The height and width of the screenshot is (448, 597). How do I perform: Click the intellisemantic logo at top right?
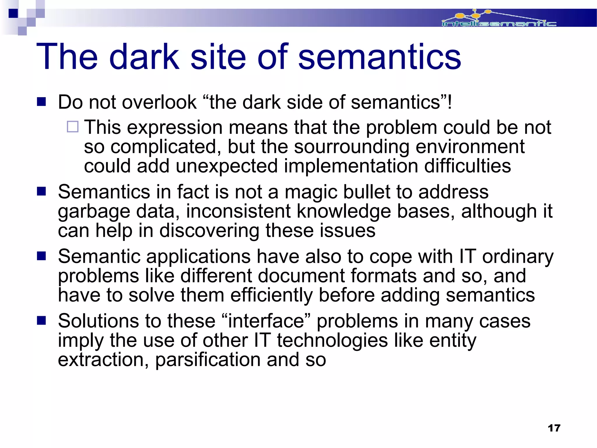click(x=499, y=19)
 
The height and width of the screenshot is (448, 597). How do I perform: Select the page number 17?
click(x=554, y=428)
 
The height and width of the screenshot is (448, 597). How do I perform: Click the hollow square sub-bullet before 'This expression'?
click(x=73, y=127)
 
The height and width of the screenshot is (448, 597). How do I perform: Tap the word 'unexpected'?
click(x=226, y=166)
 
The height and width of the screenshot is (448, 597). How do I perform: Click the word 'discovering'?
click(x=209, y=231)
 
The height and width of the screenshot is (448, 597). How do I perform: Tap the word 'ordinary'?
click(x=517, y=257)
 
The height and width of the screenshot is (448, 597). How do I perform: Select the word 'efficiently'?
click(x=271, y=295)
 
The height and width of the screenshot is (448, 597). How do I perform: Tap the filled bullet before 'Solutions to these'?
click(x=41, y=321)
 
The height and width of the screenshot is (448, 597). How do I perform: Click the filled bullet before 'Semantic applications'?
click(x=41, y=256)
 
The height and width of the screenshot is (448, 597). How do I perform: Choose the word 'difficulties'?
click(x=467, y=166)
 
